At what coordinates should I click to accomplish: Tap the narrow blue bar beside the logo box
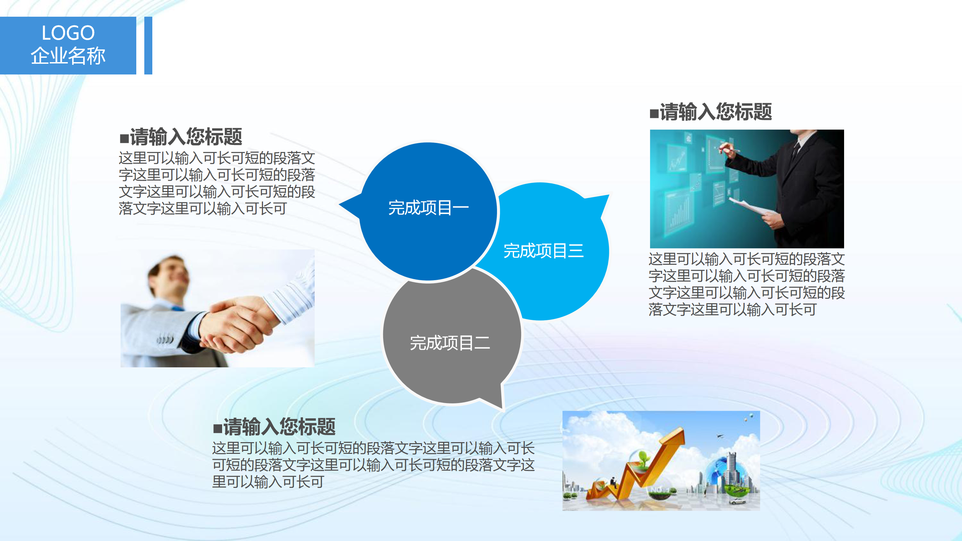point(148,45)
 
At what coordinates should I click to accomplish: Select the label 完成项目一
point(428,208)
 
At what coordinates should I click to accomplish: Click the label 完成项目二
point(450,343)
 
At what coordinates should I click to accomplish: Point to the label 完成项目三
point(544,250)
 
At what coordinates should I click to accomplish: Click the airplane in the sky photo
point(719,436)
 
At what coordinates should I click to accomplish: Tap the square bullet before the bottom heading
point(218,428)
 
